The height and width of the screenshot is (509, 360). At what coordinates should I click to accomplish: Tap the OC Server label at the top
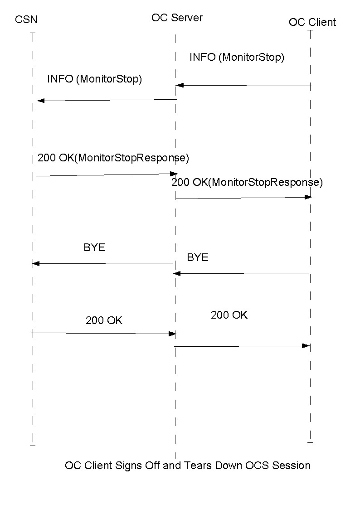177,18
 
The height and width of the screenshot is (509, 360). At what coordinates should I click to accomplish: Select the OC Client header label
312,22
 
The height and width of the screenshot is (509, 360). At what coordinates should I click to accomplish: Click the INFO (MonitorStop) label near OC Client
237,58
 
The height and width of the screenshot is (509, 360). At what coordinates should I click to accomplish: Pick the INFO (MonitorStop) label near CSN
94,79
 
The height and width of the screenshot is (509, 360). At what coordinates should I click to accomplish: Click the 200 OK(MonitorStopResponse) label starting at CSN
113,158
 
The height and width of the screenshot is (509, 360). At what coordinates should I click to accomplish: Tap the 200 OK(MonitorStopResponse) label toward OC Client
247,182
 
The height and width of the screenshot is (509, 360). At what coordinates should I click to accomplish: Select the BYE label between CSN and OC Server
94,247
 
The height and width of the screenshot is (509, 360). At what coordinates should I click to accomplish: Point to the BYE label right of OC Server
198,257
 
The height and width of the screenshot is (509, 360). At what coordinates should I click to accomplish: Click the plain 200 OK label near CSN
104,320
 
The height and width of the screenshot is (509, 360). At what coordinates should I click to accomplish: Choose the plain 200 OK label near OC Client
229,315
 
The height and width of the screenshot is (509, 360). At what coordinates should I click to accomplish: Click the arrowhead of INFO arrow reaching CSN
40,101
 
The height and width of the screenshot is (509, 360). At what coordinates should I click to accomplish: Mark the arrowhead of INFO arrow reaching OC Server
180,85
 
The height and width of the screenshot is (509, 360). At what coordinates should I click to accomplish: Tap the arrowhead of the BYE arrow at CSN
36,263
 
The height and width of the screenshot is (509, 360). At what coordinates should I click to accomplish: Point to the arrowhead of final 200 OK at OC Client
306,346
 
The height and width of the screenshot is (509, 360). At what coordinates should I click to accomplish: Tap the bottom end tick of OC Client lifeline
310,442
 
